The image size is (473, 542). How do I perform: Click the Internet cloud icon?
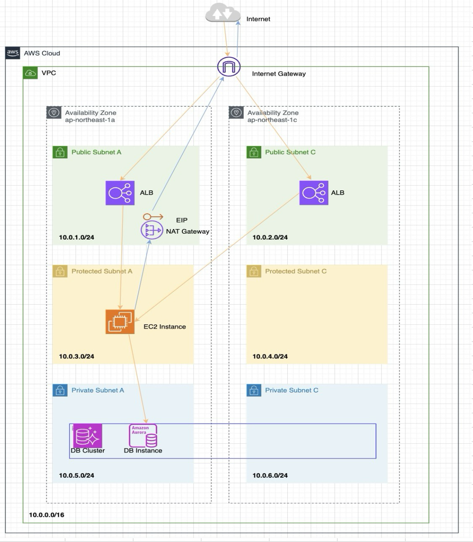(222, 14)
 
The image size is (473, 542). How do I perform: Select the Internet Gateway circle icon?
(229, 67)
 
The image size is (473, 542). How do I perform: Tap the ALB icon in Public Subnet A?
(120, 193)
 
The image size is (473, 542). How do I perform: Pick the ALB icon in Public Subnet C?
(314, 193)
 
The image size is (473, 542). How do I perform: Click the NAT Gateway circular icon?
(152, 230)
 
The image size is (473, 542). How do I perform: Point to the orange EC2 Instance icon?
(120, 322)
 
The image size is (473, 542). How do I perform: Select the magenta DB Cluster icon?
(87, 436)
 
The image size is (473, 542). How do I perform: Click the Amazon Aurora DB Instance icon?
(143, 436)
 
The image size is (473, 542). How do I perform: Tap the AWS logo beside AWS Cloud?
(13, 53)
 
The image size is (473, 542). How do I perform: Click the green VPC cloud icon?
(31, 73)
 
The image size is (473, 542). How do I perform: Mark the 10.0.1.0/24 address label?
(76, 237)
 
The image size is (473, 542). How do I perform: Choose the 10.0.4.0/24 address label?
(270, 356)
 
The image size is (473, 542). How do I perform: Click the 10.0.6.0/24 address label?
(270, 476)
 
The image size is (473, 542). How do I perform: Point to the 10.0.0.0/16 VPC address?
(47, 515)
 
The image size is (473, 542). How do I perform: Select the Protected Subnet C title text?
(296, 271)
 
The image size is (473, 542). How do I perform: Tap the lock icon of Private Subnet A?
(60, 390)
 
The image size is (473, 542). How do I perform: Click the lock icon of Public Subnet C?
(253, 152)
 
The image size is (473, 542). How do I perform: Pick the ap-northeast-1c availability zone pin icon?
(236, 113)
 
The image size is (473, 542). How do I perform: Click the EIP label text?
(181, 220)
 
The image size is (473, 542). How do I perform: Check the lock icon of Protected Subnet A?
(60, 271)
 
